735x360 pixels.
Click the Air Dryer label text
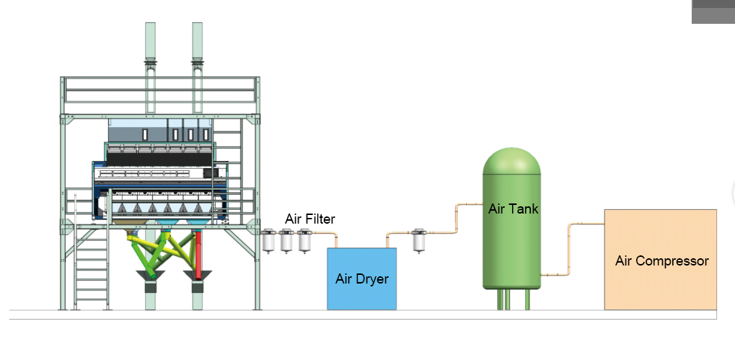361,279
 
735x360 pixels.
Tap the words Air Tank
513,209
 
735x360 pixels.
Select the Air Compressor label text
661,261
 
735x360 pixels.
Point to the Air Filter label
310,219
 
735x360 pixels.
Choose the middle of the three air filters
287,240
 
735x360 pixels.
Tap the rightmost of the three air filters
304,240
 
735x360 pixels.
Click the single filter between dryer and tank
418,240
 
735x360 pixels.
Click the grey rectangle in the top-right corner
713,12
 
